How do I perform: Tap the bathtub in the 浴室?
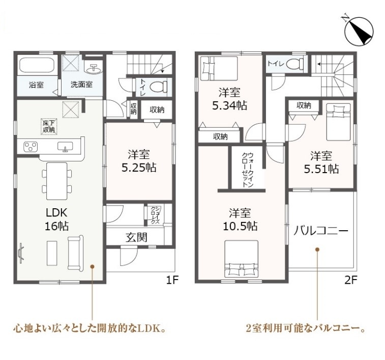coord(37,65)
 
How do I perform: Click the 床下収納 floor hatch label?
coord(49,126)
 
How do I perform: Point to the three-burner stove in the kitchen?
coord(31,147)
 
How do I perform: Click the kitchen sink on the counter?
coord(65,147)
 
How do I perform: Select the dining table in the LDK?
coord(57,181)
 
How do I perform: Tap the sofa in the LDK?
coord(75,253)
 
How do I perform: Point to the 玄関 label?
coord(136,237)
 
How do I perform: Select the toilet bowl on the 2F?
coord(294,64)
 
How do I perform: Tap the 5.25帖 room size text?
coord(139,168)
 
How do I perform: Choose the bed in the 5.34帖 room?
coord(219,68)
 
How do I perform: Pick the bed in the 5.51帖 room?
coord(338,122)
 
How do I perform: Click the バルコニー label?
coord(321,231)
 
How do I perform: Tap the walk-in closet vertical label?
coord(248,170)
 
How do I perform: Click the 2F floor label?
coord(351,280)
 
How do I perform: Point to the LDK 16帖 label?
coord(57,219)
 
